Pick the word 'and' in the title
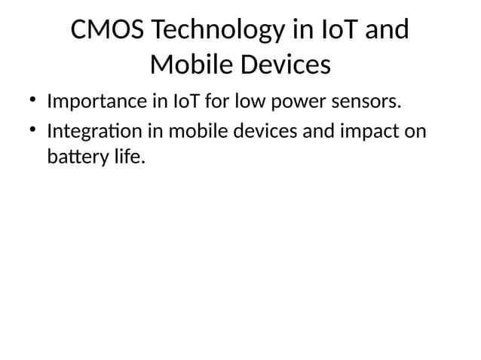coord(386,31)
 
